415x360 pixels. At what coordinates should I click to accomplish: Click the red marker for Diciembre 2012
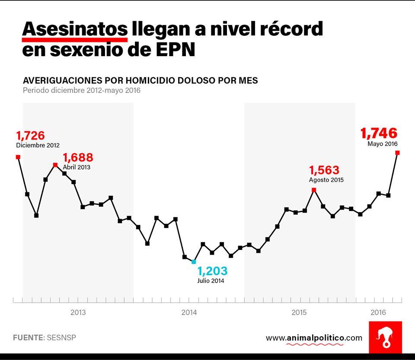pyautogui.click(x=18, y=157)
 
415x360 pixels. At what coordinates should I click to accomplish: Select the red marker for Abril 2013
pyautogui.click(x=55, y=165)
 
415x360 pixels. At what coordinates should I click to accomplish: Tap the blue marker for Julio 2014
pyautogui.click(x=194, y=261)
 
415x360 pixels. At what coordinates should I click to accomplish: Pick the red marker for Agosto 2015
pyautogui.click(x=314, y=190)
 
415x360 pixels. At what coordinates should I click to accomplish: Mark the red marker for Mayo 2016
pyautogui.click(x=397, y=153)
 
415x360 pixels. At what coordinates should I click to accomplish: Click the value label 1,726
pyautogui.click(x=31, y=136)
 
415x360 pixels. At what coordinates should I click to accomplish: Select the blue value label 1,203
pyautogui.click(x=212, y=271)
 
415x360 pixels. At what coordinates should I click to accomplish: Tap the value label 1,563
pyautogui.click(x=324, y=170)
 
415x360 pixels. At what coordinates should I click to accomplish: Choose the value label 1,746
pyautogui.click(x=379, y=133)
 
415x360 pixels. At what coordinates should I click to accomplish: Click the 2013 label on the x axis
pyautogui.click(x=78, y=312)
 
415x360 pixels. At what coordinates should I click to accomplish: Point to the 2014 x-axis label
pyautogui.click(x=189, y=312)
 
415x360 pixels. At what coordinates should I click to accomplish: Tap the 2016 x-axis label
pyautogui.click(x=379, y=312)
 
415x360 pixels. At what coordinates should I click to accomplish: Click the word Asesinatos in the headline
pyautogui.click(x=75, y=29)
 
